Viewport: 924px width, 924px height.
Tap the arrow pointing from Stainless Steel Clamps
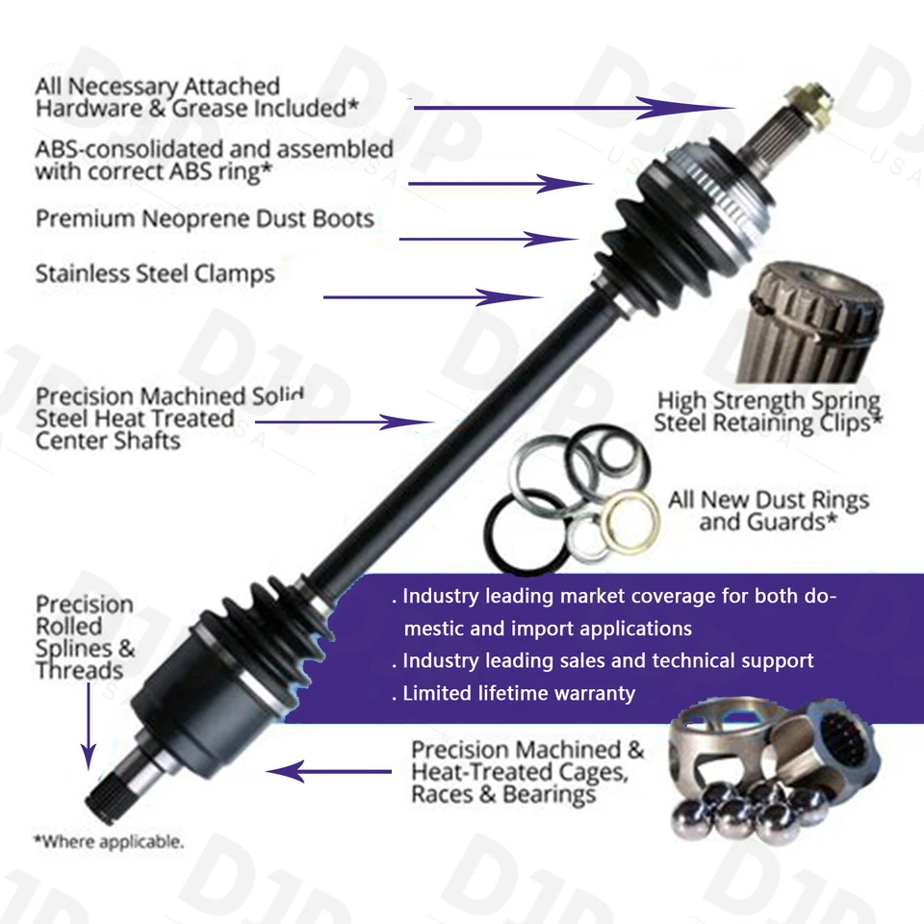432,297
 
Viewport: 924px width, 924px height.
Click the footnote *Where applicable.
108,841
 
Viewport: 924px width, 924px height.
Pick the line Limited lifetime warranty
518,693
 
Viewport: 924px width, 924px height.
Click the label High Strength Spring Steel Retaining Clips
767,411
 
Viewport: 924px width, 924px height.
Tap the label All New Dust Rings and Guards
767,511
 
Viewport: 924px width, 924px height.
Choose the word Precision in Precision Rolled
84,604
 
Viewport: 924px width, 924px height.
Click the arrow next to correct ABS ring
500,183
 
